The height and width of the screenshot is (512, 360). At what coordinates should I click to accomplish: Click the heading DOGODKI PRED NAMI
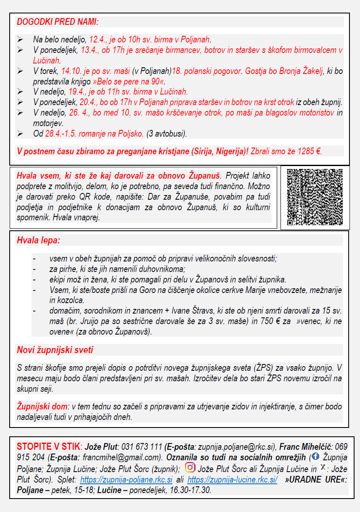point(58,21)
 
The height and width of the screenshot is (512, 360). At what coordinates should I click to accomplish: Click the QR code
point(315,197)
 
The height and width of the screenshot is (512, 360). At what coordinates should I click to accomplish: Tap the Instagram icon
point(190,467)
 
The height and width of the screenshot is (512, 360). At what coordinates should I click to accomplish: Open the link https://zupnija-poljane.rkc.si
point(126,479)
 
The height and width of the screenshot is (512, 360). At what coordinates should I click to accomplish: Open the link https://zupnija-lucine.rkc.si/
point(232,479)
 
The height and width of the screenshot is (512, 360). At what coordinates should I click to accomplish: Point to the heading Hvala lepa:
point(38,241)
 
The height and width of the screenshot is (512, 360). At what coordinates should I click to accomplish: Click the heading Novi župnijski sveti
point(55,350)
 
